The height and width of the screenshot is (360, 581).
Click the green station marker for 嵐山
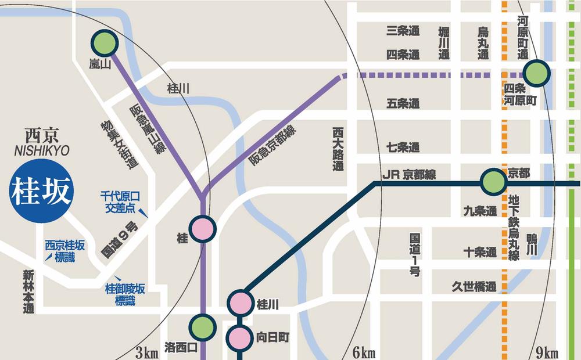coord(105,43)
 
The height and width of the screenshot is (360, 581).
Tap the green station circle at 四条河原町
coord(536,74)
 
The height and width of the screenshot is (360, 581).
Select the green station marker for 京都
coord(493,182)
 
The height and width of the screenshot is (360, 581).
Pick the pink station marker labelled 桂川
coord(239,303)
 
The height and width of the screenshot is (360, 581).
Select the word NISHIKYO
coord(41,151)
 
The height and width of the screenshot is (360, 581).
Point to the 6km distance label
coord(364,352)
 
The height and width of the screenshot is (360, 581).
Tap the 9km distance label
coord(547,352)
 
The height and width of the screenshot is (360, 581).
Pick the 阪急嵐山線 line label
coord(148,129)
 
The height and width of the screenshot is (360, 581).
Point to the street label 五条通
coord(403,104)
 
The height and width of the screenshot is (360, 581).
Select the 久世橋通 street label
coord(475,286)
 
